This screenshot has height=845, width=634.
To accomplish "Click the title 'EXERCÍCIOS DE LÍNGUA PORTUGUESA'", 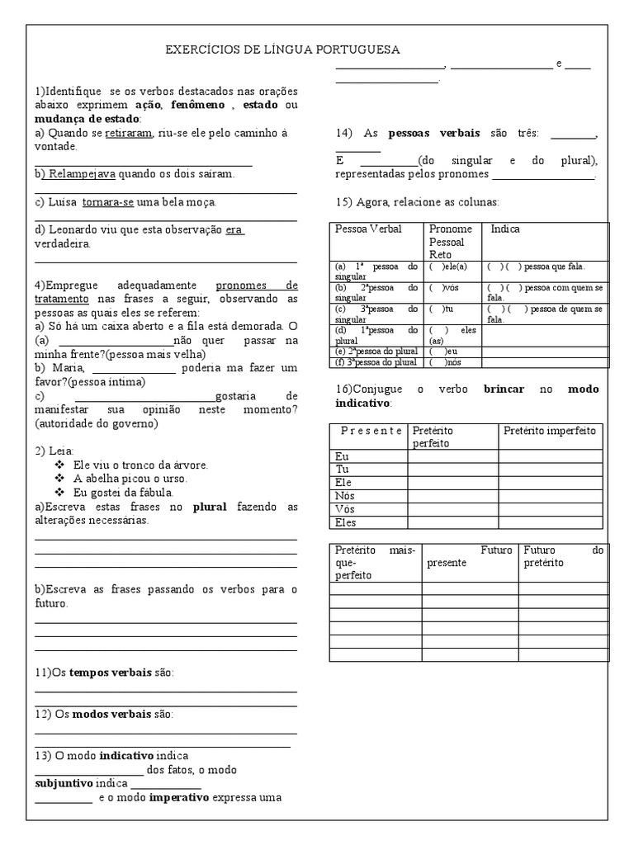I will [283, 50].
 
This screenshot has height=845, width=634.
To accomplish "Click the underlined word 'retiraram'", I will [128, 133].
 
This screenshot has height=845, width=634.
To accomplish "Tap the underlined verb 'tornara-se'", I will [113, 202].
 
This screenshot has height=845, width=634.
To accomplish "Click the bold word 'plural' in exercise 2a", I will [210, 507].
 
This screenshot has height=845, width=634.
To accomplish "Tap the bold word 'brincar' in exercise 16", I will [504, 389].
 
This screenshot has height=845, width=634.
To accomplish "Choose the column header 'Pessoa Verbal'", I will [367, 229].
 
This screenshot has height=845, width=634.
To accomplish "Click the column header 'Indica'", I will [505, 229].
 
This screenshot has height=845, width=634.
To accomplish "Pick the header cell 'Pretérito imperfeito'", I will [549, 432].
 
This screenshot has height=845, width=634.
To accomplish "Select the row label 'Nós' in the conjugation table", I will [345, 496].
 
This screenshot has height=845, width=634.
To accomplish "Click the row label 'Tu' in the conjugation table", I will [342, 470].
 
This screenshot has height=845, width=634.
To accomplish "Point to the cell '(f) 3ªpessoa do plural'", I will [376, 362].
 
